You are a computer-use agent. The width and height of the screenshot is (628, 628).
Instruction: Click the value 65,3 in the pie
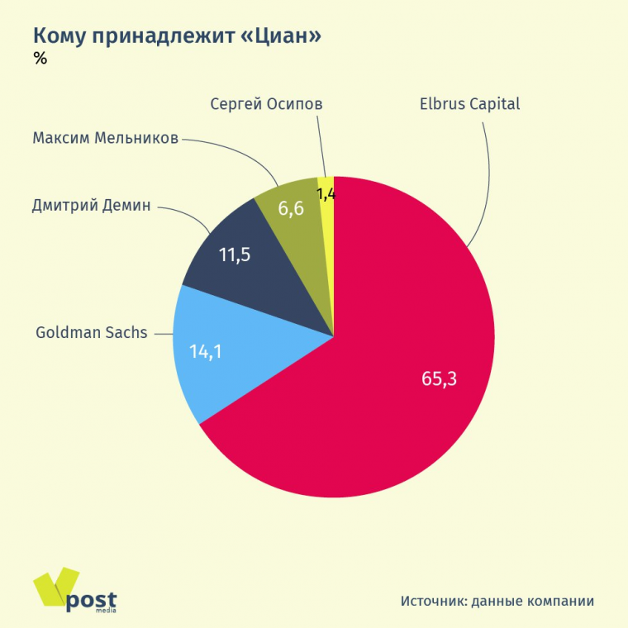click(439, 379)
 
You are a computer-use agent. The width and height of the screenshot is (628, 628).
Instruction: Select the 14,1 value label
click(207, 350)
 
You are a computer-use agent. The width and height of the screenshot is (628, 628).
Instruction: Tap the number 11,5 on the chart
click(235, 255)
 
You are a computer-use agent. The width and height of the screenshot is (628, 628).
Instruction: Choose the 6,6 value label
click(291, 208)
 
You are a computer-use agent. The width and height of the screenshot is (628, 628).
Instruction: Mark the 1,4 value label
click(326, 194)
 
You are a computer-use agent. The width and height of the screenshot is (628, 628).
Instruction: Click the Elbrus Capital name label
click(469, 105)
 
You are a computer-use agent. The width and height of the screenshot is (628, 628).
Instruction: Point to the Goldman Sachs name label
click(92, 333)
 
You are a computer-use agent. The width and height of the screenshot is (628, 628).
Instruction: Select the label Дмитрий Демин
click(92, 206)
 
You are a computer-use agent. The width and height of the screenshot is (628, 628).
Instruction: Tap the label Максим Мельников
click(105, 137)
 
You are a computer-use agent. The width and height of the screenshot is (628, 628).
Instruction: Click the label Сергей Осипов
click(266, 105)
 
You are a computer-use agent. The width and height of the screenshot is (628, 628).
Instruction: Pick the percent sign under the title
click(40, 58)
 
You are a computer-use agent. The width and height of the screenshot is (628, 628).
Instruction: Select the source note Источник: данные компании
click(497, 601)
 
